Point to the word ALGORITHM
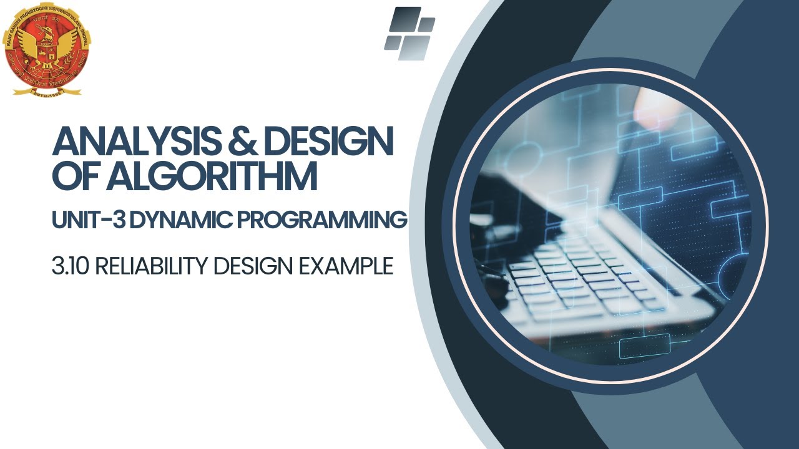pos(212,176)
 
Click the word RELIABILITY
pos(150,266)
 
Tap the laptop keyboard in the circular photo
pos(581,274)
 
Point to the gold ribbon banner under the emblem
pos(47,90)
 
